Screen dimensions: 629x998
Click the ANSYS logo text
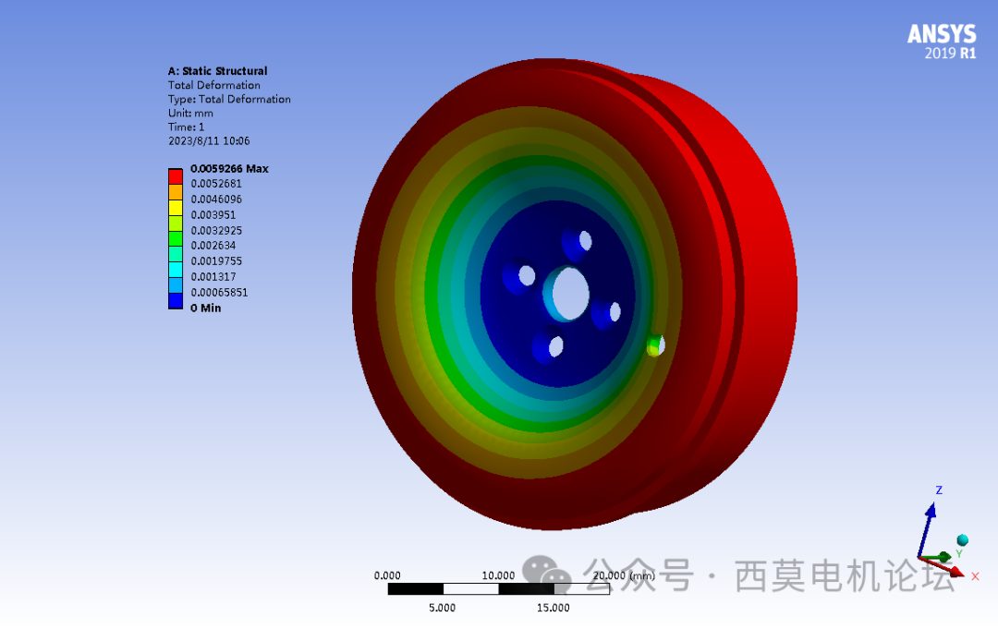point(941,34)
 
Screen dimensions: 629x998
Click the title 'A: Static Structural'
point(217,71)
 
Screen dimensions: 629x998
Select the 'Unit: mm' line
point(190,113)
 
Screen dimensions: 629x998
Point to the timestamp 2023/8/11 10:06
point(209,141)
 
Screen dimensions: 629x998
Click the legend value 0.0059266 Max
point(229,169)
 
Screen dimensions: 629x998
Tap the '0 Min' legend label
point(205,308)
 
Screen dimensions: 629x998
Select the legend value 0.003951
point(213,214)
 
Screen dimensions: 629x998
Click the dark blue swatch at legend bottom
point(175,300)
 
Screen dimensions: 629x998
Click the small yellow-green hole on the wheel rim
point(654,346)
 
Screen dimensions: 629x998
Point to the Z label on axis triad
point(938,490)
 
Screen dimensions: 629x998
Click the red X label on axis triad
point(974,575)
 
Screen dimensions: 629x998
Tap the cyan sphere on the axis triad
point(962,539)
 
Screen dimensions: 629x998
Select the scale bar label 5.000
point(442,607)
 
